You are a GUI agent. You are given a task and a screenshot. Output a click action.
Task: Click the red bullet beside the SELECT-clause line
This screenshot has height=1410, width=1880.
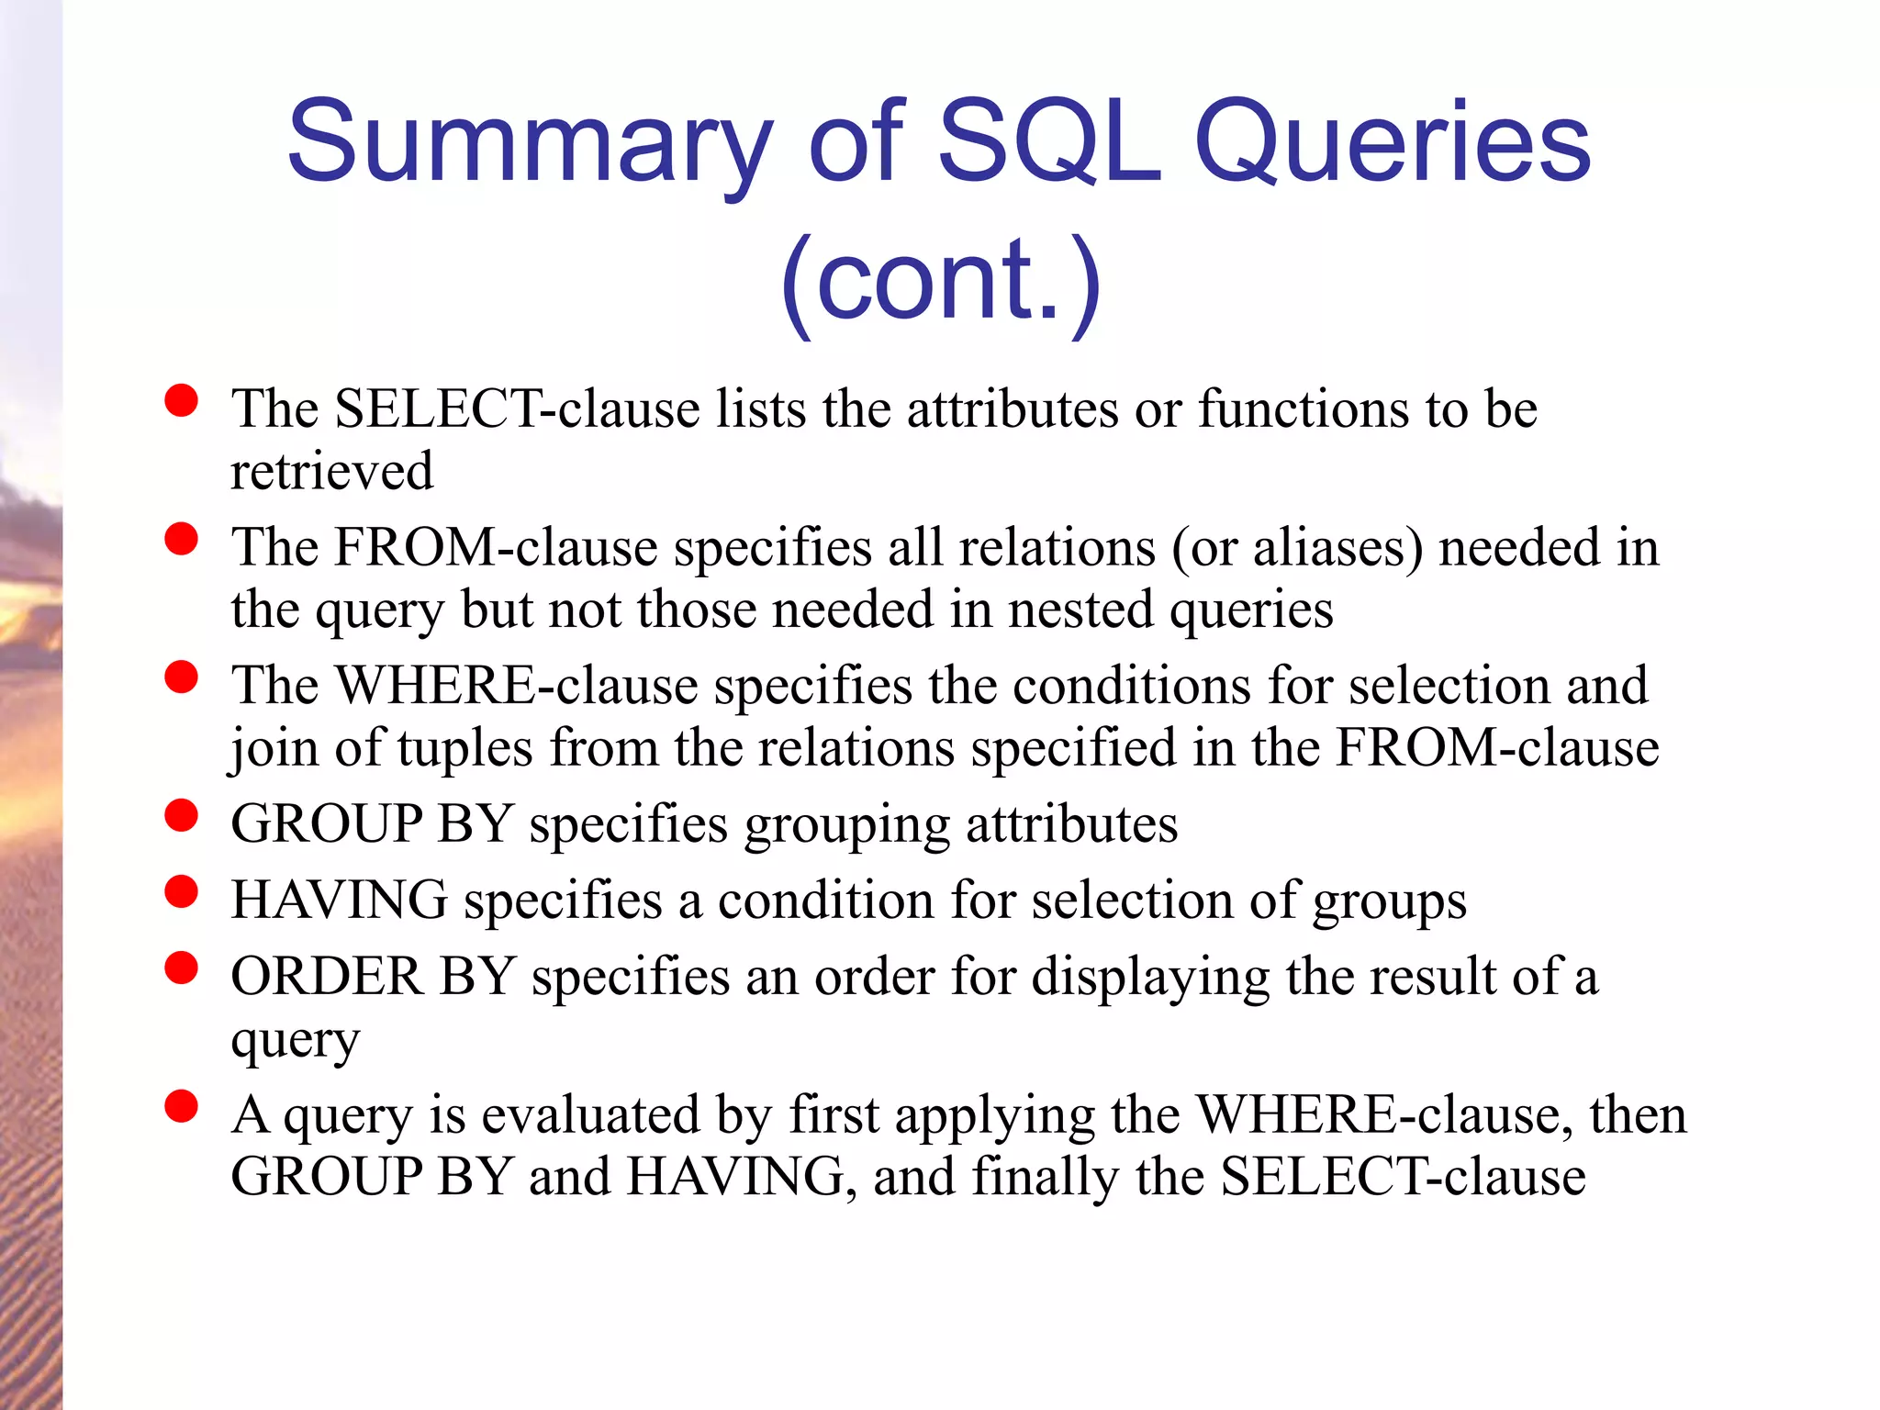point(182,401)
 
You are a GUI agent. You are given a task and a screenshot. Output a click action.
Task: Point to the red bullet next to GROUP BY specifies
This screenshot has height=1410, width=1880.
point(182,815)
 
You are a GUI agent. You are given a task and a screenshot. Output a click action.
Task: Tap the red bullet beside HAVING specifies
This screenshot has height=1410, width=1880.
point(182,891)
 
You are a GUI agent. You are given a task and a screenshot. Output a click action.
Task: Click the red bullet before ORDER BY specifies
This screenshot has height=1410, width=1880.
point(182,968)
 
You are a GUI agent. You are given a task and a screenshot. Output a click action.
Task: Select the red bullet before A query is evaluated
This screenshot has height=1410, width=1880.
point(182,1106)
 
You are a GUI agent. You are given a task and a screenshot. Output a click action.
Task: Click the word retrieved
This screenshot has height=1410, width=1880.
point(331,471)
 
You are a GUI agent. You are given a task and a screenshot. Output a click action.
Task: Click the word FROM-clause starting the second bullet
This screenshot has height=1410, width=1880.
point(496,548)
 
